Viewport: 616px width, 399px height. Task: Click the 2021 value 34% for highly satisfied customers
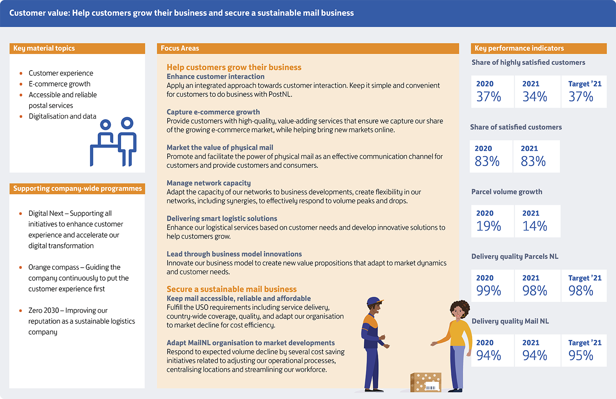[x=535, y=96]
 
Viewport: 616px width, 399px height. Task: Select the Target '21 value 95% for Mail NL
[x=581, y=355]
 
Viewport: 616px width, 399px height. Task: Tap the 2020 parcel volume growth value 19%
[x=488, y=226]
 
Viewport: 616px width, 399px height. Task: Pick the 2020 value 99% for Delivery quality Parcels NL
[x=488, y=291]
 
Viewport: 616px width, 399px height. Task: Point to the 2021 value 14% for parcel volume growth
[x=535, y=226]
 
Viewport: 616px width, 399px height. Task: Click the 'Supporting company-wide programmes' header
[x=77, y=188]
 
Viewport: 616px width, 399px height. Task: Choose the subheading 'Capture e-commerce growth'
[x=213, y=112]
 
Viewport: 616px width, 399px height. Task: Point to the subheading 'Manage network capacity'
[x=209, y=183]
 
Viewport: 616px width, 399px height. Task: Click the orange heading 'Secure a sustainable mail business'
[x=232, y=289]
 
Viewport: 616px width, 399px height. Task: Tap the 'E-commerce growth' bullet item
[x=60, y=84]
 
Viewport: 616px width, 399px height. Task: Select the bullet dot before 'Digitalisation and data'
[x=21, y=117]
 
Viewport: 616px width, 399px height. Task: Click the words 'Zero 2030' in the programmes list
[x=44, y=310]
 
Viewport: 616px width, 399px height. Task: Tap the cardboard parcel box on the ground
[x=426, y=382]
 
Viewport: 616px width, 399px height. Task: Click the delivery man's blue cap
[x=375, y=301]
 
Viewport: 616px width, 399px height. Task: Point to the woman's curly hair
[x=459, y=307]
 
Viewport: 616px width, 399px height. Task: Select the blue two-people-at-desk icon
[x=113, y=142]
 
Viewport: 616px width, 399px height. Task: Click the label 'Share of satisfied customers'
[x=516, y=127]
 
